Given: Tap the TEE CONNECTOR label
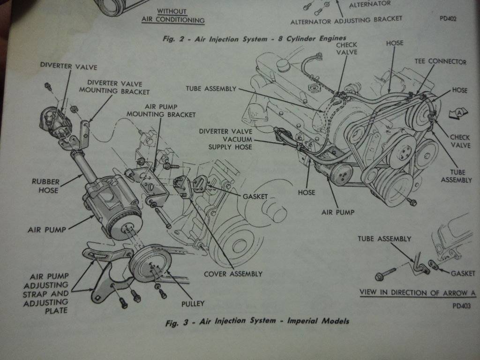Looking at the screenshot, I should pyautogui.click(x=440, y=61).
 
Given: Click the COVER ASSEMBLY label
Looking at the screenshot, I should pyautogui.click(x=233, y=274).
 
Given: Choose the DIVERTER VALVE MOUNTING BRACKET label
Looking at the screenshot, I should pyautogui.click(x=118, y=87).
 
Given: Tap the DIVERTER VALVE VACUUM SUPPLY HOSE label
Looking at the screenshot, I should pyautogui.click(x=225, y=140).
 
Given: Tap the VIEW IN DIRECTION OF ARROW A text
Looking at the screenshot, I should pyautogui.click(x=417, y=293).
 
